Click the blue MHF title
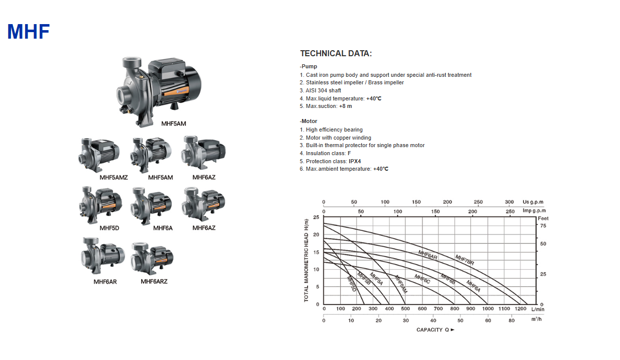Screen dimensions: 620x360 coord(29,32)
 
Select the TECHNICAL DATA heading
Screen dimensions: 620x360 coord(336,53)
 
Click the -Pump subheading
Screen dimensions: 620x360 coord(308,66)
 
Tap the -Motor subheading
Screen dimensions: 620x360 coord(308,121)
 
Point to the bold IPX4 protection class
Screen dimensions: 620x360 coord(355,161)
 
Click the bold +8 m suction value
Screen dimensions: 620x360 coord(346,106)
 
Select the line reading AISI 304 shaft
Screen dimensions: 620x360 coord(320,90)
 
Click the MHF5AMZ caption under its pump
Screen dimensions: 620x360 coord(114,178)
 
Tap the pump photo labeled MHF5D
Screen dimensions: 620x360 coord(100,205)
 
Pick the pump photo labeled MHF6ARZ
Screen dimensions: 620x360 coord(152,259)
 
